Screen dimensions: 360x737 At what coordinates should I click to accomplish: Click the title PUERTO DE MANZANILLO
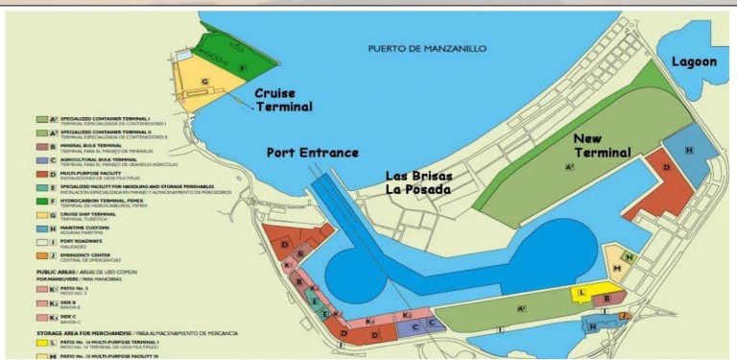[427, 48]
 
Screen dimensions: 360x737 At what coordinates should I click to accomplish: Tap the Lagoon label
[693, 61]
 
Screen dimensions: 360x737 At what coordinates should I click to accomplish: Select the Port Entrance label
[313, 153]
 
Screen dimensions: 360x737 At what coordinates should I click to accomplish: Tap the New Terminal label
[602, 145]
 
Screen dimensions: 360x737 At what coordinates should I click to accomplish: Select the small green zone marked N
[630, 257]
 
